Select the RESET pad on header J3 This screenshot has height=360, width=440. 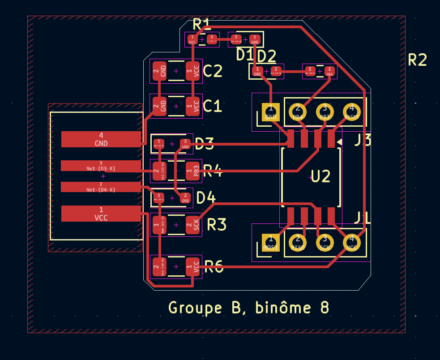(x=351, y=111)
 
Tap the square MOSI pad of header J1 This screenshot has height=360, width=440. (x=270, y=242)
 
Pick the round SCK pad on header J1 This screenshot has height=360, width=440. (x=325, y=242)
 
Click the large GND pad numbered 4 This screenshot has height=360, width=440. (x=101, y=139)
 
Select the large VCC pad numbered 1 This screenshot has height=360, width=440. (x=101, y=214)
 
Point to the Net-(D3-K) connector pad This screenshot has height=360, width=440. (x=101, y=166)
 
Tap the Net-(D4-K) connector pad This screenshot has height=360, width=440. (x=101, y=187)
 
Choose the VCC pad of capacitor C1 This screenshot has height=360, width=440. (x=193, y=107)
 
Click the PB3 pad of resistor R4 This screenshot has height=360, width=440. (x=193, y=171)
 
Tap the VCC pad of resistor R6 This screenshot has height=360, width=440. (x=193, y=267)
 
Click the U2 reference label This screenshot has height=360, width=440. (x=320, y=176)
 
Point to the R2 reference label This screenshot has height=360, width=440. (x=417, y=60)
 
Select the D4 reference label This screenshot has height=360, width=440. (x=206, y=197)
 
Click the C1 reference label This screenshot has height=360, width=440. (x=212, y=107)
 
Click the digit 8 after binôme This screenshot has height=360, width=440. (x=325, y=308)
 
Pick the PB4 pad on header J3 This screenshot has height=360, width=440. (x=298, y=111)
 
